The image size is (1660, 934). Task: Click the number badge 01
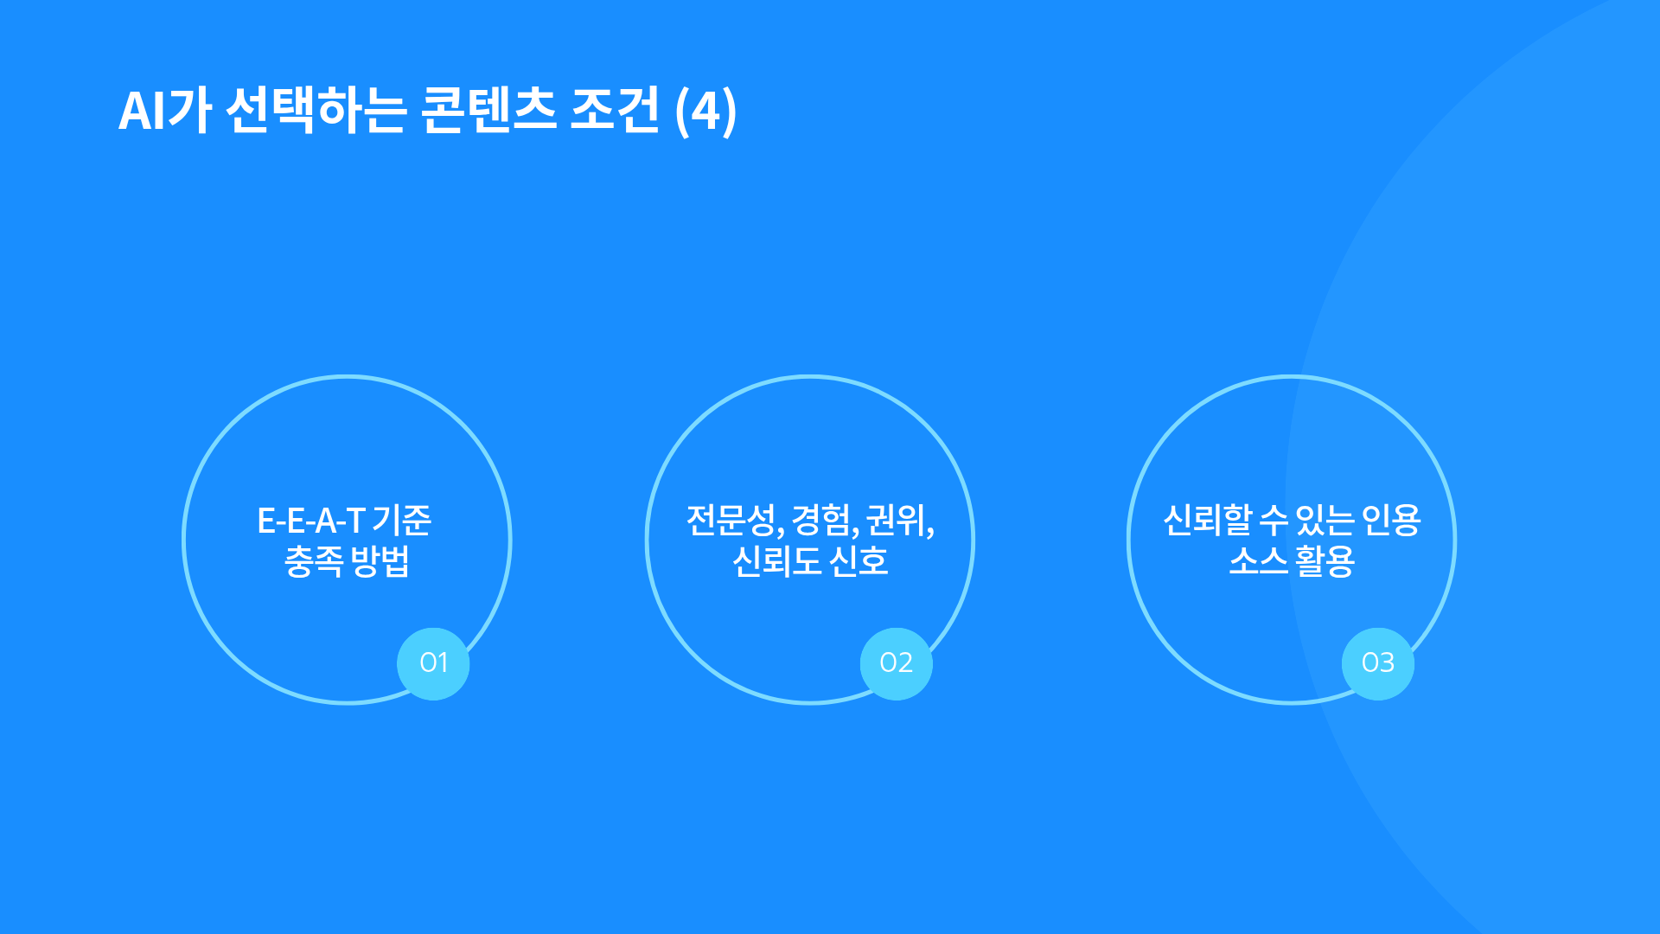click(433, 663)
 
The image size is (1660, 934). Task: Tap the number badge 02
click(897, 663)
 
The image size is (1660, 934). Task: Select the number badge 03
click(1378, 663)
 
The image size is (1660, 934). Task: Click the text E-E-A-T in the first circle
click(311, 521)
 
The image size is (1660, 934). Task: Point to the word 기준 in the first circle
click(402, 520)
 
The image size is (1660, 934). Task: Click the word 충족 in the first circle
click(314, 561)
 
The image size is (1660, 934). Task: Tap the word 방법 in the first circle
click(380, 561)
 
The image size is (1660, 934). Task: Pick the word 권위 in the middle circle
click(898, 520)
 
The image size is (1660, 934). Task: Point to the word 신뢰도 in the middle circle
click(776, 561)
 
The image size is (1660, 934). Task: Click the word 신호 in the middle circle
click(859, 561)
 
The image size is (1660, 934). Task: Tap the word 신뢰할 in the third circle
click(1208, 520)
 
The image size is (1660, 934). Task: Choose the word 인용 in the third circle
click(1391, 520)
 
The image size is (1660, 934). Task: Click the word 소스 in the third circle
click(1259, 561)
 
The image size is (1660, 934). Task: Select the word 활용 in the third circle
click(1325, 561)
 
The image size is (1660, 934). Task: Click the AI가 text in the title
click(165, 111)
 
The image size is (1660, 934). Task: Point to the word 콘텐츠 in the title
click(489, 111)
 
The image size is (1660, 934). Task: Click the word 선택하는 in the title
click(316, 111)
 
